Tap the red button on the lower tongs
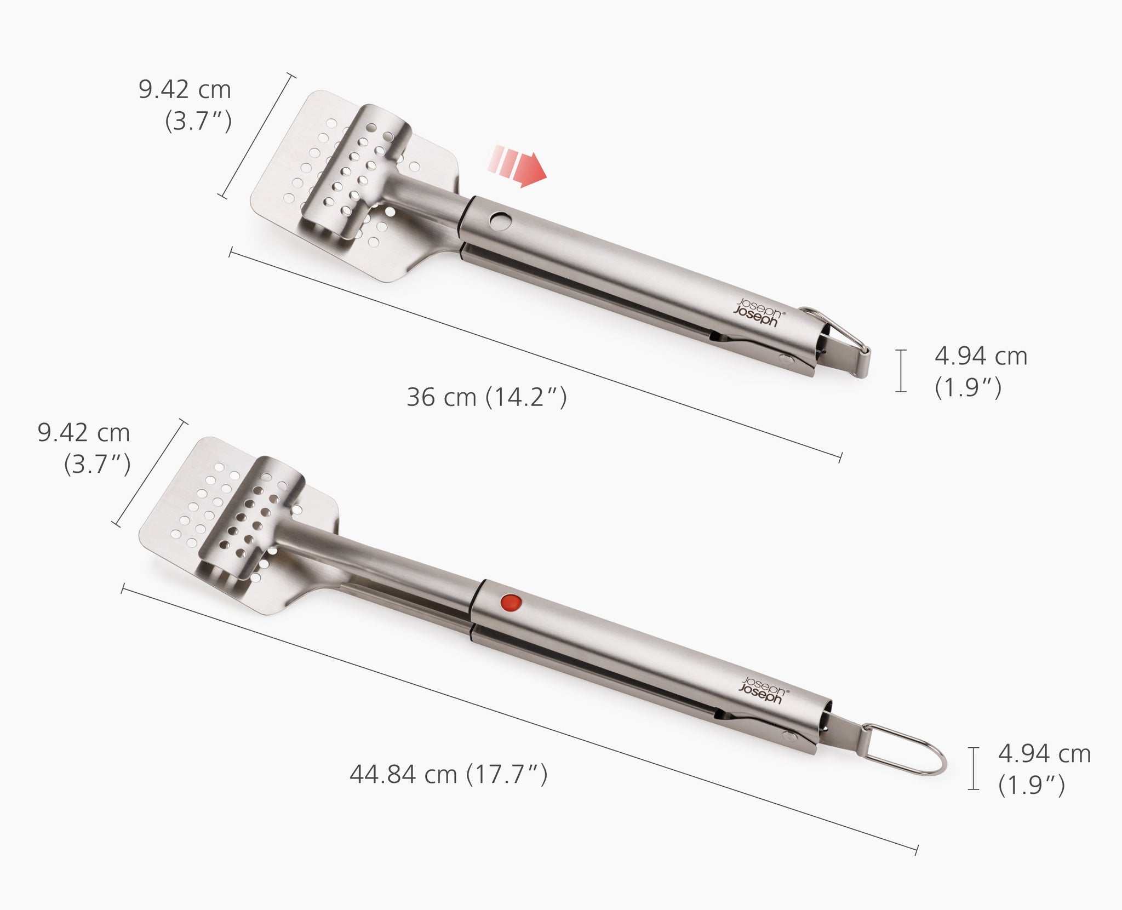pos(511,603)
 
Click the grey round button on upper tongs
pos(500,221)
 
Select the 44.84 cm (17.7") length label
pos(448,774)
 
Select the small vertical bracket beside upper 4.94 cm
pos(901,370)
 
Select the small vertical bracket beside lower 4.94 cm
pos(973,768)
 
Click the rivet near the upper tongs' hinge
pos(787,359)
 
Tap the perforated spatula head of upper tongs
pos(351,186)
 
